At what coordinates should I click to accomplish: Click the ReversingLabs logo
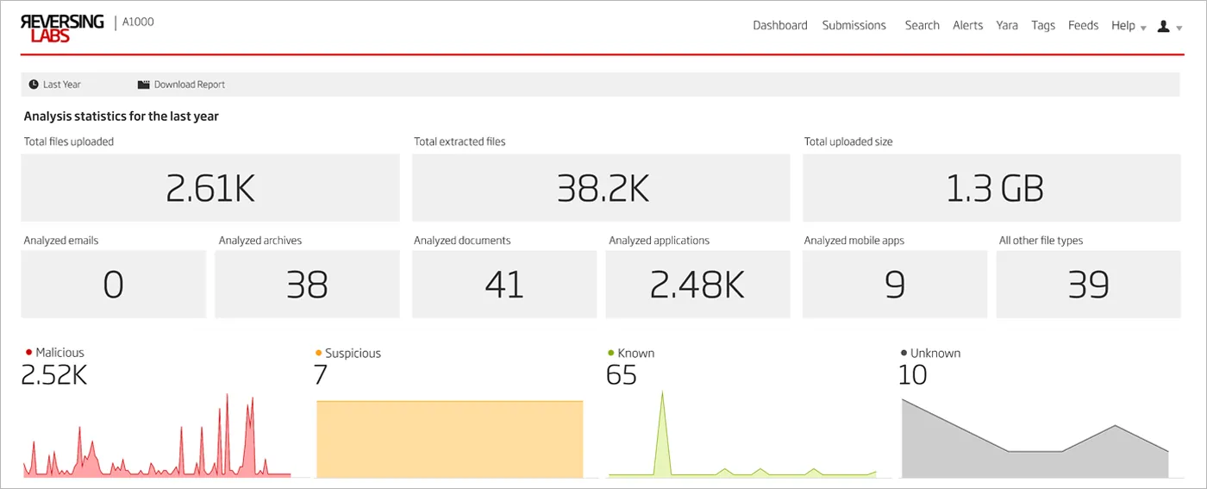(x=62, y=28)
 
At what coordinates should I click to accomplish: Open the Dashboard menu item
(x=779, y=26)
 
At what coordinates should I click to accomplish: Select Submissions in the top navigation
(x=854, y=26)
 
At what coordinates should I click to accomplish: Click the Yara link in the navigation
(x=1007, y=26)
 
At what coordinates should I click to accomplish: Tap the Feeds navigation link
(x=1083, y=26)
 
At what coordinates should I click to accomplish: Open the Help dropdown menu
(x=1128, y=26)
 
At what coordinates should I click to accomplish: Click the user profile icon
(x=1164, y=27)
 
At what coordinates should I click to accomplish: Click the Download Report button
(x=182, y=85)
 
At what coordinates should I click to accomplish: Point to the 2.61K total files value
(x=210, y=189)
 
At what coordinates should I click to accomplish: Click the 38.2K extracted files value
(x=602, y=189)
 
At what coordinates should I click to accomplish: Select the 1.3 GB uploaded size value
(x=993, y=189)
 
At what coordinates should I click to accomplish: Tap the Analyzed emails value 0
(x=113, y=285)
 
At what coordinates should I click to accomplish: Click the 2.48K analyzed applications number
(x=697, y=285)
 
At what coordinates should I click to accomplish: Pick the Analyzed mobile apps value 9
(x=895, y=285)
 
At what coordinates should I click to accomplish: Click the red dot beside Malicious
(x=29, y=352)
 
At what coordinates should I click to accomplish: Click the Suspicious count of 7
(x=322, y=375)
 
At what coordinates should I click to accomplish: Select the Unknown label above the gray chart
(x=935, y=353)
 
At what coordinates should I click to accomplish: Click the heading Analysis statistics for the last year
(x=122, y=116)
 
